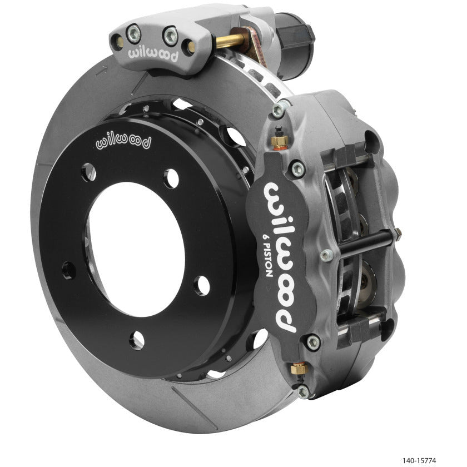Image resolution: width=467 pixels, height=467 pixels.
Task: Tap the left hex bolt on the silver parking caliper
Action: coord(133,31)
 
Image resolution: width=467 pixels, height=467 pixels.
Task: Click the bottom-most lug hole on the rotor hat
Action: coord(136,339)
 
